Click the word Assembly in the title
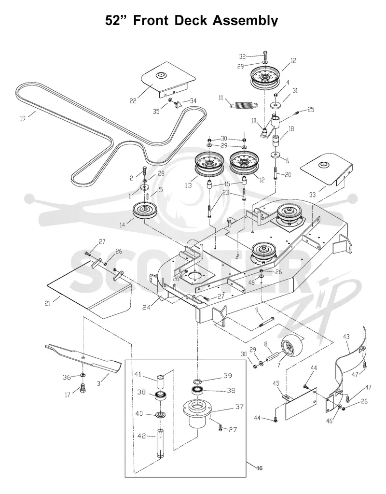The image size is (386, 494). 245,21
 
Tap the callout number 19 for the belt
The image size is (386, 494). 23,118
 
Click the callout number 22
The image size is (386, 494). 133,101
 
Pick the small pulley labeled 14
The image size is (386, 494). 145,210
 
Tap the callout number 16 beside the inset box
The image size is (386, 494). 259,468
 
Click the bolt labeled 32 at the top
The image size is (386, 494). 264,56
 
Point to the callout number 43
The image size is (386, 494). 346,337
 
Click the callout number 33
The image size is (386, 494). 312,195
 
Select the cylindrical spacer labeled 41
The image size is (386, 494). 161,381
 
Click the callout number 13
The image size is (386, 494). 188,185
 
